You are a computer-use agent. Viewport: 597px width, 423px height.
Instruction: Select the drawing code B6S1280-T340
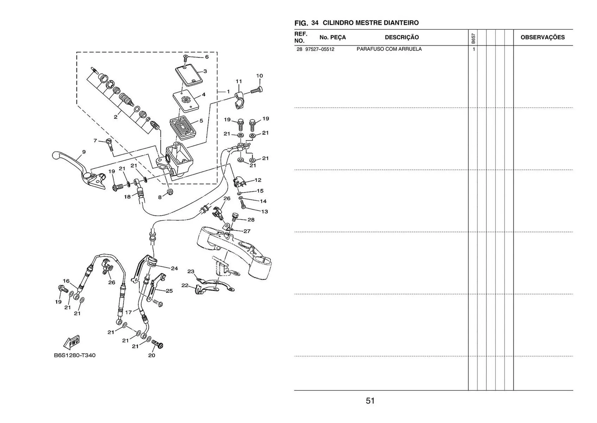(75, 355)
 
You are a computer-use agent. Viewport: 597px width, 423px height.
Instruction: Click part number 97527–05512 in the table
(320, 49)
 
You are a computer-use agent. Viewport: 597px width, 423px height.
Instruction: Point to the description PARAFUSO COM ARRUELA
(389, 49)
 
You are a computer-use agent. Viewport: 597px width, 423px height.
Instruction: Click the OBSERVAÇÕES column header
(543, 37)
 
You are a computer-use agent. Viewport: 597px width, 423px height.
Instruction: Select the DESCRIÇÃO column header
(402, 37)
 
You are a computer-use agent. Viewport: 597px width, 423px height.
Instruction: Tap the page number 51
(370, 401)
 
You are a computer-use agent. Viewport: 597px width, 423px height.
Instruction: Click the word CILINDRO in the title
(337, 23)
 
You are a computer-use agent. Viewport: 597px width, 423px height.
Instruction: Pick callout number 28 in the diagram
(251, 220)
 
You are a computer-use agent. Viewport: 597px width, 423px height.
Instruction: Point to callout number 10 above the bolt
(259, 76)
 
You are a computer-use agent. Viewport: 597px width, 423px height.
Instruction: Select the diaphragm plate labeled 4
(186, 101)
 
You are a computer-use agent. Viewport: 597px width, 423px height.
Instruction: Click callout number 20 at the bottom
(151, 355)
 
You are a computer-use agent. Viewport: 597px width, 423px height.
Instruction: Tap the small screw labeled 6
(185, 57)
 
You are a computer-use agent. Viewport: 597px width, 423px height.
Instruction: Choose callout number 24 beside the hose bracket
(174, 268)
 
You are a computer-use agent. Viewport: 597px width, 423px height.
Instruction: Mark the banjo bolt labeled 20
(158, 345)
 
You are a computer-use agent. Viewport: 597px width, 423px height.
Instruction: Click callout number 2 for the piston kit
(116, 117)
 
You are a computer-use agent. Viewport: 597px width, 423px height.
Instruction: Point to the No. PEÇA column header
(332, 37)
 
